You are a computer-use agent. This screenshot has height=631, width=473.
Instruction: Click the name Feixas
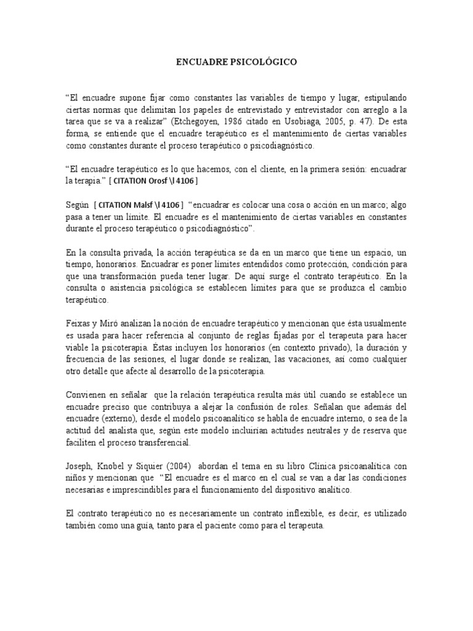coord(78,324)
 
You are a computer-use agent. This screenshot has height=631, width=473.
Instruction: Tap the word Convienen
coord(87,395)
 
